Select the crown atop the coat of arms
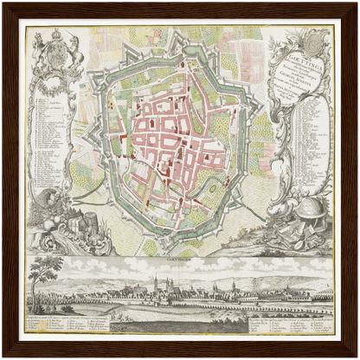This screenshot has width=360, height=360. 58,35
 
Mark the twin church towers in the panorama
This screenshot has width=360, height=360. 156,285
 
